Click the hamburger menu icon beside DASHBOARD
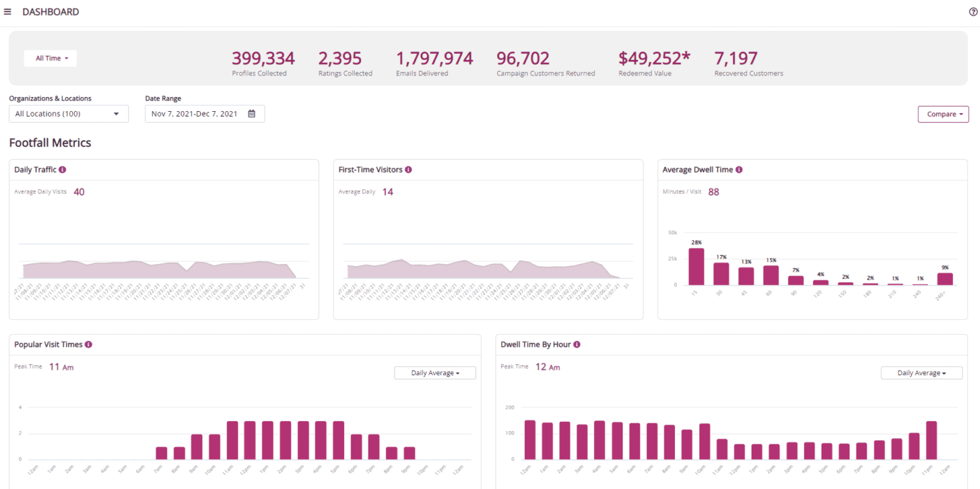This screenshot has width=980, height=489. [x=8, y=12]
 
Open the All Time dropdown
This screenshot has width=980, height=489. [x=50, y=58]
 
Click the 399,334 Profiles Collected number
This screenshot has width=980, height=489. [x=263, y=58]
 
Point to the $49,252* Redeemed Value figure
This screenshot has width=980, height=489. [x=654, y=58]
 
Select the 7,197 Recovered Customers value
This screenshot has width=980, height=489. [x=736, y=58]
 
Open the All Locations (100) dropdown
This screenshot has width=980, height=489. [x=68, y=114]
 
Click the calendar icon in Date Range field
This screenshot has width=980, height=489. [x=252, y=114]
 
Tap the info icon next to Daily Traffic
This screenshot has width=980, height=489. [x=62, y=170]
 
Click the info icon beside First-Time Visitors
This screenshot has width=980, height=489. [x=408, y=170]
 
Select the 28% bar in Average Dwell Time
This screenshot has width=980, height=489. [x=697, y=267]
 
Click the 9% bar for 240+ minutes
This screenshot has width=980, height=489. [x=945, y=279]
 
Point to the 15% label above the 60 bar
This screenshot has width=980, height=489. [x=771, y=261]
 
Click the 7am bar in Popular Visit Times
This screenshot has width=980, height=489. [x=161, y=453]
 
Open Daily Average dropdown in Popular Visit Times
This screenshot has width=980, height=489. [x=435, y=373]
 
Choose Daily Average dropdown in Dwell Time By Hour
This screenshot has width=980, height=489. [x=921, y=373]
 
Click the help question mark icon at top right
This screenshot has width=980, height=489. [x=973, y=12]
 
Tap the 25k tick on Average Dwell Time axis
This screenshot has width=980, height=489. [x=673, y=258]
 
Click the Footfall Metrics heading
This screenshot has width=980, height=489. [x=50, y=143]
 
